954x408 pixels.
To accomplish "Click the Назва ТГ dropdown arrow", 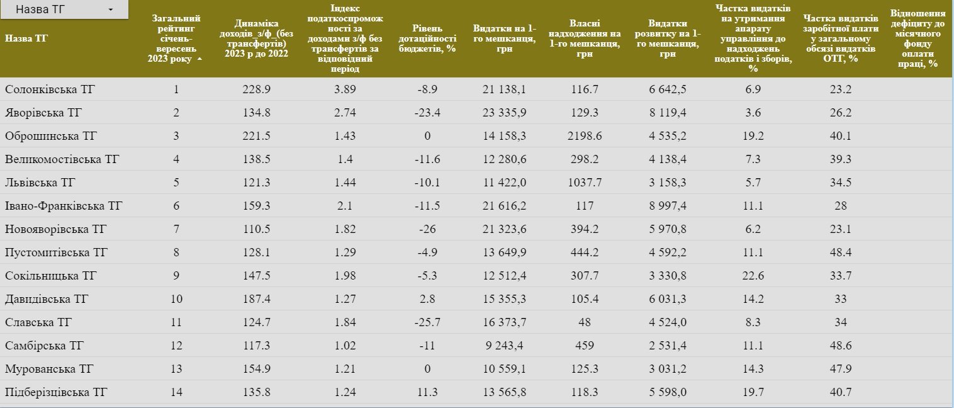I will (111, 10).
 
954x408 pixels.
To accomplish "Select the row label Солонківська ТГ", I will (50, 89).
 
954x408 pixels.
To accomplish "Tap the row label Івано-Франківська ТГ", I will (64, 206).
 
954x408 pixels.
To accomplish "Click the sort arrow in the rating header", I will (199, 59).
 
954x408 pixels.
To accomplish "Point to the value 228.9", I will (256, 89).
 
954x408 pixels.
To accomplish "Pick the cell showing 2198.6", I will (585, 136).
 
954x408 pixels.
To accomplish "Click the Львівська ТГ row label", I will (40, 183).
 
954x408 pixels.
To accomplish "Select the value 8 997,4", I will (668, 206).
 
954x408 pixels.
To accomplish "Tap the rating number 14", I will (176, 392).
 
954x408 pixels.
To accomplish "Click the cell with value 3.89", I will (344, 89).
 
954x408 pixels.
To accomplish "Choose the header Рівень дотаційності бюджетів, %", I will (427, 38).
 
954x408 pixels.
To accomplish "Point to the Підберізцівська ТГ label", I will (57, 392).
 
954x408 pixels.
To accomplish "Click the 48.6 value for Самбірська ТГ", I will (841, 346).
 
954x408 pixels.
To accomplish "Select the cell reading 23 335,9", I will (504, 113).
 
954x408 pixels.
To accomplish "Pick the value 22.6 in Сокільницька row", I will (753, 276).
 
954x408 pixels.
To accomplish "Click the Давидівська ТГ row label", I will (47, 299).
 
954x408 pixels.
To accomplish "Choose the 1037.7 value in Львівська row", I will (585, 183).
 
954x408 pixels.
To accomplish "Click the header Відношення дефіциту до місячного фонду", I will (918, 38).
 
